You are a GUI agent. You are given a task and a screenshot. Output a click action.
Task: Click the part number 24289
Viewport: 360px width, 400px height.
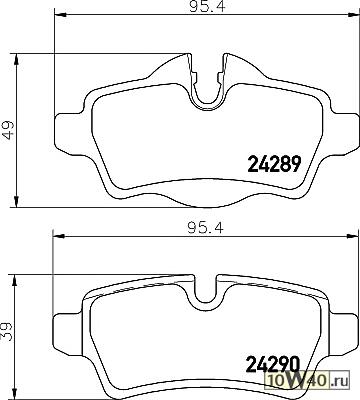[x=274, y=164]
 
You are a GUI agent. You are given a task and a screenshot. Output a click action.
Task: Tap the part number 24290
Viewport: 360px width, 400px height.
[x=272, y=364]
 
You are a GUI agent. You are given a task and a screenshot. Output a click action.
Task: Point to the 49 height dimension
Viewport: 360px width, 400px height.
[x=8, y=130]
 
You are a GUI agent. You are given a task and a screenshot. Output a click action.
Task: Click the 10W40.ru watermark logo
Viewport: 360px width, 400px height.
[x=306, y=380]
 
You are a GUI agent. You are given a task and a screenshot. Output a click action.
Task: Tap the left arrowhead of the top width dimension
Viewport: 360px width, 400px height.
[x=59, y=14]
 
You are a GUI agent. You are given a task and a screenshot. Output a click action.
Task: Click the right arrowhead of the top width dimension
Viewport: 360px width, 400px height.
[x=352, y=14]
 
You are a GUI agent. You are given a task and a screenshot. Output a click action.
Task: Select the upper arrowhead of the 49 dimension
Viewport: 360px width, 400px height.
[x=16, y=59]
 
